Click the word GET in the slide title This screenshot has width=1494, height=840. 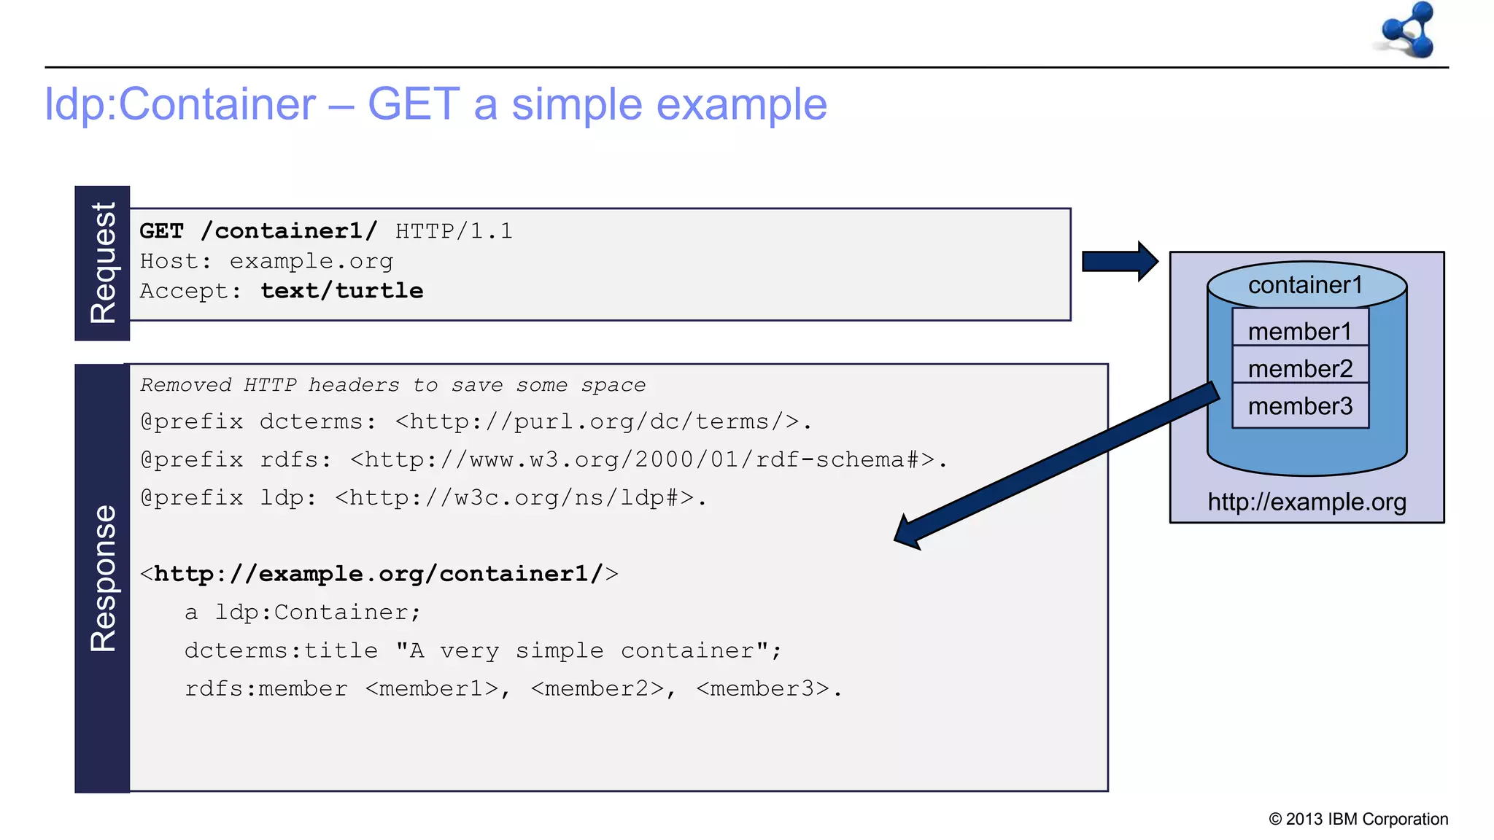[413, 104]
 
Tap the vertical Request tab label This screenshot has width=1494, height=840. [103, 262]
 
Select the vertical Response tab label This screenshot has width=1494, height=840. [103, 577]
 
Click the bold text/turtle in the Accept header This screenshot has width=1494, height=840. [342, 291]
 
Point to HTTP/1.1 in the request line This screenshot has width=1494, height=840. [454, 231]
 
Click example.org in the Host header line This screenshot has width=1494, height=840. [311, 261]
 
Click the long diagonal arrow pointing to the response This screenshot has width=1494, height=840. [1058, 464]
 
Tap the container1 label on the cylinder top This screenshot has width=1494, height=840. [1305, 285]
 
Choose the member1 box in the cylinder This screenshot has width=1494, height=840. [1300, 331]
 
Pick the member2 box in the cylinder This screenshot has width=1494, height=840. [1300, 368]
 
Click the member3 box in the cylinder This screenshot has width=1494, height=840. [1300, 405]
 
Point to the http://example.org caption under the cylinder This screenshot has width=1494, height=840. [1307, 502]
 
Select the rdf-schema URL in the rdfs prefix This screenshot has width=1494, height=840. [642, 459]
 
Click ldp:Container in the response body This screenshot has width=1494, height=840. [317, 612]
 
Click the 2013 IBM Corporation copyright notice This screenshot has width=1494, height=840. [1358, 819]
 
